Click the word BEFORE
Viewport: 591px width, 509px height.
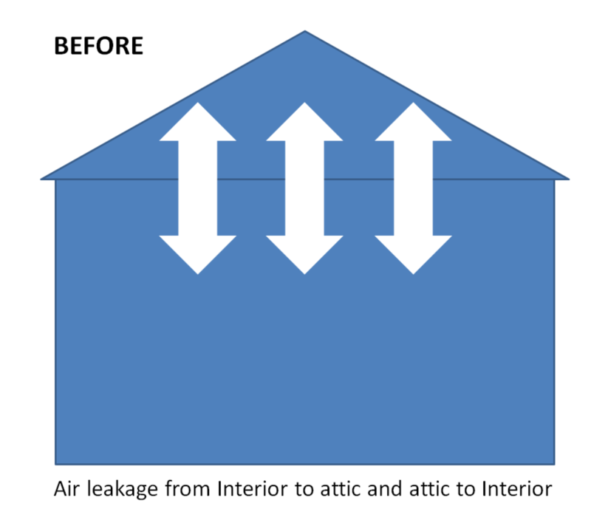click(98, 46)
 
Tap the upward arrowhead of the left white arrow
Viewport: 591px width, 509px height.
click(198, 123)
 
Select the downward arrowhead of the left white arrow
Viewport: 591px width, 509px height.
click(198, 253)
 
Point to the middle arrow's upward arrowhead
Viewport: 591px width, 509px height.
click(304, 123)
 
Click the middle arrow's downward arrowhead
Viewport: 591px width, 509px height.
click(304, 253)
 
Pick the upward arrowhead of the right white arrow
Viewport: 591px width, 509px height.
click(413, 123)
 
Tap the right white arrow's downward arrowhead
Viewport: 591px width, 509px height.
click(413, 253)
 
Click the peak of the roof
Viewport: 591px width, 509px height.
click(305, 32)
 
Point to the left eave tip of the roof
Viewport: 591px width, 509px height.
click(43, 178)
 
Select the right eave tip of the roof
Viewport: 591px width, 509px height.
click(567, 178)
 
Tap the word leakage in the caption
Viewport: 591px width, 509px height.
click(119, 490)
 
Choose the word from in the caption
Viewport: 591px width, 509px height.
click(184, 488)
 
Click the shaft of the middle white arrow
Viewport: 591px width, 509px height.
click(304, 188)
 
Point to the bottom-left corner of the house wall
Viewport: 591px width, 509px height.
click(57, 463)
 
